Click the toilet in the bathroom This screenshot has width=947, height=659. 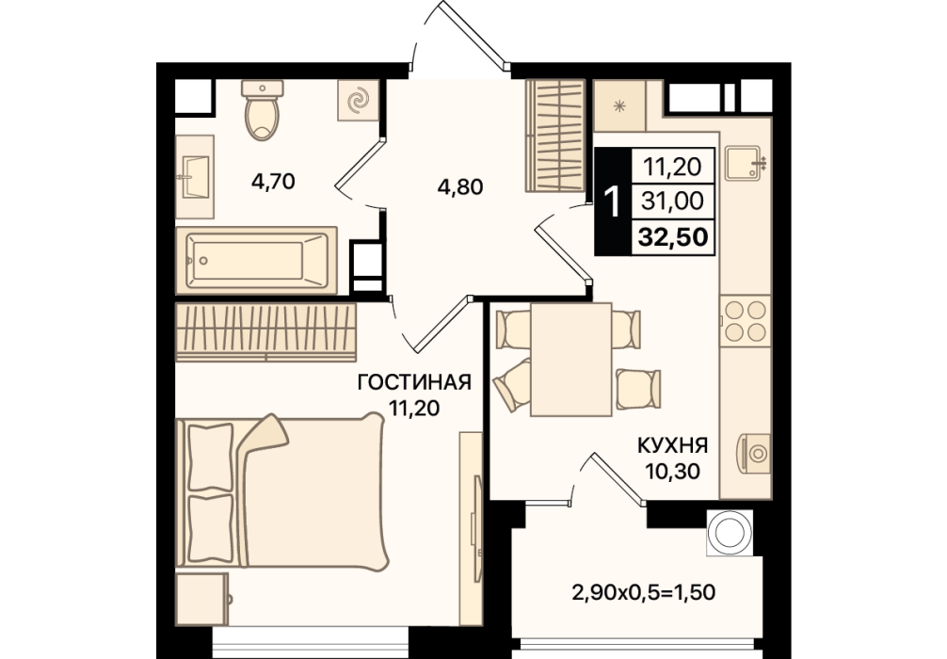pos(262,110)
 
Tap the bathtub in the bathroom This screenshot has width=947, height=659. pos(256,261)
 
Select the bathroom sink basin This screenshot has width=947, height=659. pos(195,176)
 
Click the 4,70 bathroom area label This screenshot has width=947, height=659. pos(273,181)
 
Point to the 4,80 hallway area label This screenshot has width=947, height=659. pos(460,186)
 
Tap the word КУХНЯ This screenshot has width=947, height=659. pos(673,446)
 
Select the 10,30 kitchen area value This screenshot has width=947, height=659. pos(673,471)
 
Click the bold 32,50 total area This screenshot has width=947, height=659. pos(673,237)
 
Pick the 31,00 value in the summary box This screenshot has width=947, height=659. pos(673,201)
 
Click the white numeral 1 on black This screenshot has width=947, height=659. pos(613,201)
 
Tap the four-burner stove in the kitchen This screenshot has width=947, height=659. pos(746,321)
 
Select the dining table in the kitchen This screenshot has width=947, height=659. pos(570,360)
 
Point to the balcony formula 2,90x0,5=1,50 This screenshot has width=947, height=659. pos(643,592)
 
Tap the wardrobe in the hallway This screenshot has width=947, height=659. pos(555,136)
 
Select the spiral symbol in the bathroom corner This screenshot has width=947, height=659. pos(358,100)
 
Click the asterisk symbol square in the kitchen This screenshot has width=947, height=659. pos(619,105)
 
